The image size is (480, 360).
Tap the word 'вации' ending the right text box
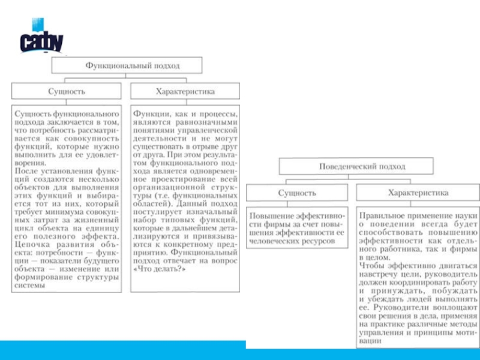370,340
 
